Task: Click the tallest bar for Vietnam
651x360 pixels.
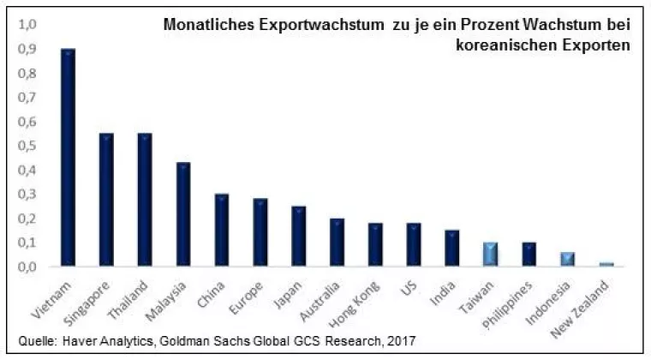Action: (x=68, y=158)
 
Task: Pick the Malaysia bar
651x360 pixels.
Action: (x=183, y=214)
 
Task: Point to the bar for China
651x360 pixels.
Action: (x=222, y=230)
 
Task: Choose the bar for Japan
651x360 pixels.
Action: (x=299, y=236)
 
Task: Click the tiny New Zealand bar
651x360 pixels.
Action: (x=606, y=264)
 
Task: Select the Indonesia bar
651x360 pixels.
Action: (x=568, y=259)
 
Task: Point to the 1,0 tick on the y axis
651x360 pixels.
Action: (x=27, y=26)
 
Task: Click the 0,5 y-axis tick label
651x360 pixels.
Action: (x=27, y=146)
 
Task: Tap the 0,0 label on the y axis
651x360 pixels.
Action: (x=27, y=267)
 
